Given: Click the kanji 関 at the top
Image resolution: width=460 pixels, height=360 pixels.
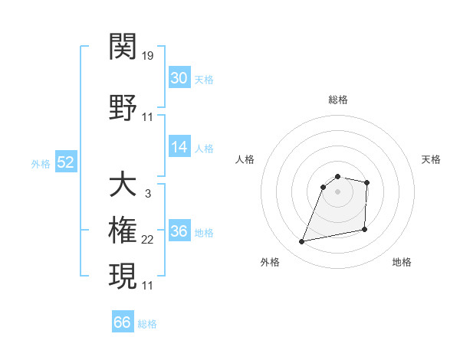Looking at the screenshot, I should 123,47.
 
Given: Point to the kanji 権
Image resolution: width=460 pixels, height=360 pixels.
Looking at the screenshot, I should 123,231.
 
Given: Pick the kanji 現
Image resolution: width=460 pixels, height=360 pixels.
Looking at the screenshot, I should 123,277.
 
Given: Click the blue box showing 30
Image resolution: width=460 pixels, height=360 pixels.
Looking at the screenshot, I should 179,78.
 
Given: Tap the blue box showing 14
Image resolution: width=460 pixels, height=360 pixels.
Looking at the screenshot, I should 179,147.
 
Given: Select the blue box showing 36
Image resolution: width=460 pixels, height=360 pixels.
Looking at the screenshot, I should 179,231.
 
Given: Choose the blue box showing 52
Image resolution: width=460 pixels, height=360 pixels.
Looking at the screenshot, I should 65,162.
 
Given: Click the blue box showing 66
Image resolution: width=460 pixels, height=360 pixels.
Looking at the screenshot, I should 123,322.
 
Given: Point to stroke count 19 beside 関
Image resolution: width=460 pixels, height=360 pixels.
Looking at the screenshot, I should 148,56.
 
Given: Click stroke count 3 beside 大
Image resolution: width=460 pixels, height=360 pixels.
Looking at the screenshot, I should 147,194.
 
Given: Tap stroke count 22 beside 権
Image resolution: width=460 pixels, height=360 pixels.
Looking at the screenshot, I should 148,240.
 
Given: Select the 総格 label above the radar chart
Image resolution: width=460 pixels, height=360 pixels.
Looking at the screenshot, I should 337,100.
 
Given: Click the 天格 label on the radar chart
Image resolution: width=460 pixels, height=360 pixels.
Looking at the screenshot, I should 431,159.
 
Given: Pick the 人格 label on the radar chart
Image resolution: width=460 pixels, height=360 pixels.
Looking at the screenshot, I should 245,159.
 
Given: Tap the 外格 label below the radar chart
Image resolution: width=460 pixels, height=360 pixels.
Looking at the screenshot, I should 270,263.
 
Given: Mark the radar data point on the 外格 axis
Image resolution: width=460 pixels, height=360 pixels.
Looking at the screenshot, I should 302,242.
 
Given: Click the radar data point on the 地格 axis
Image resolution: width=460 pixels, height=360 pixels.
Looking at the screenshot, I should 365,230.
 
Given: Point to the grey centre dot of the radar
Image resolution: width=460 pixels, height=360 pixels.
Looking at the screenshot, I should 337,191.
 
